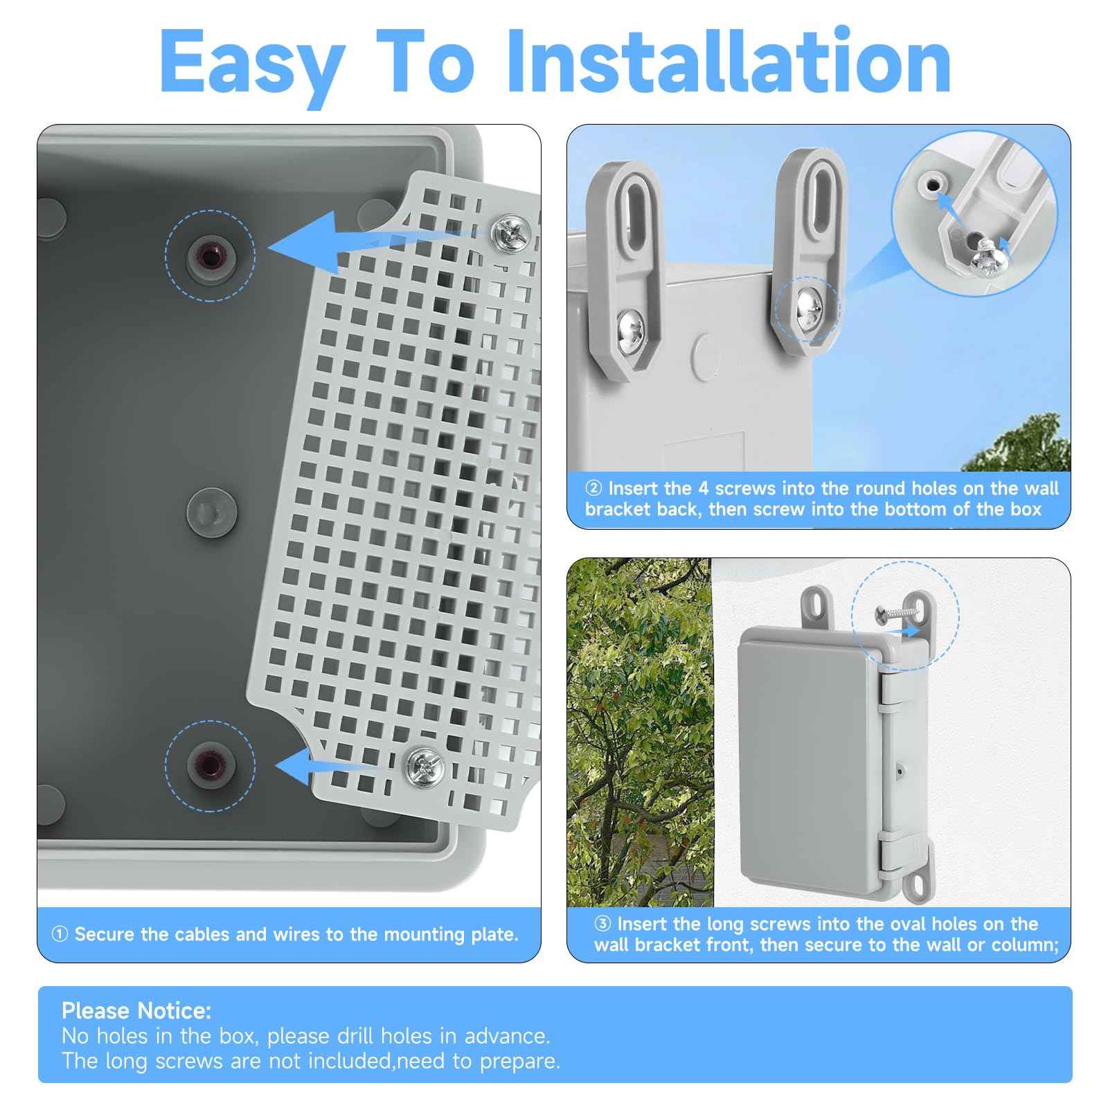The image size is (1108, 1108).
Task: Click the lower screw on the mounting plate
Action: pos(425,766)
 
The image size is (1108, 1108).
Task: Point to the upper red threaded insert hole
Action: pos(209,255)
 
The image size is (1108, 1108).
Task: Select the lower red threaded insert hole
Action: pos(209,764)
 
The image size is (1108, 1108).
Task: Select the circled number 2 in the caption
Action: pos(593,489)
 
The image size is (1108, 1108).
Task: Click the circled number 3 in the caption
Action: pos(602,924)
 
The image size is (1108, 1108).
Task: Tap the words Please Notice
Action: pos(136,1011)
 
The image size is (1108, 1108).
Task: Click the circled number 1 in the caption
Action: pos(60,935)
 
